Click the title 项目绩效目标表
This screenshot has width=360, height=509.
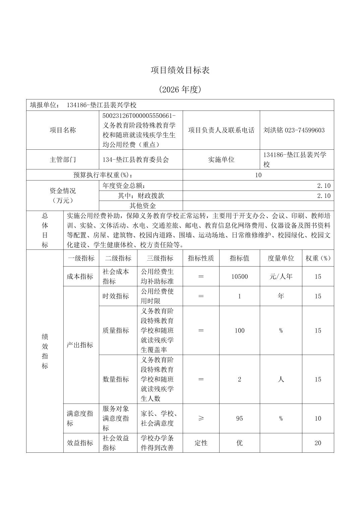pyautogui.click(x=180, y=70)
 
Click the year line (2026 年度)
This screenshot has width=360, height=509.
pyautogui.click(x=180, y=89)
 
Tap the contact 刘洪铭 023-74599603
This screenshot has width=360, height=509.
pyautogui.click(x=294, y=130)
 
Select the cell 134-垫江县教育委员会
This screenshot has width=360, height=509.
pyautogui.click(x=136, y=160)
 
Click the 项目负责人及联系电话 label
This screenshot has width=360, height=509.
pyautogui.click(x=221, y=130)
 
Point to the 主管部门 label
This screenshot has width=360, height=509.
pyautogui.click(x=63, y=160)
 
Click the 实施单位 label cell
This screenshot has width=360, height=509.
pyautogui.click(x=221, y=160)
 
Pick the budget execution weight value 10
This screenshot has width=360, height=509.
pyautogui.click(x=258, y=175)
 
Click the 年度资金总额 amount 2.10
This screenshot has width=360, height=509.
pyautogui.click(x=323, y=186)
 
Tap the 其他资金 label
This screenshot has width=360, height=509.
pyautogui.click(x=142, y=206)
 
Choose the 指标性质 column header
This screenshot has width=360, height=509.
pyautogui.click(x=201, y=258)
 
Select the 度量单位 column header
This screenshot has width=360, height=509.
pyautogui.click(x=281, y=258)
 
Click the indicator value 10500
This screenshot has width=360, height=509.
pyautogui.click(x=240, y=277)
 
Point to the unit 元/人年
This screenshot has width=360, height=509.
pyautogui.click(x=281, y=277)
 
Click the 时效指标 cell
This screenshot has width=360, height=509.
pyautogui.click(x=116, y=296)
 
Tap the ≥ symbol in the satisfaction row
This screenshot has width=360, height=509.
pyautogui.click(x=201, y=418)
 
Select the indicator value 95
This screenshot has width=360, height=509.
pyautogui.click(x=239, y=418)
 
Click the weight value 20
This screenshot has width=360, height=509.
pyautogui.click(x=318, y=443)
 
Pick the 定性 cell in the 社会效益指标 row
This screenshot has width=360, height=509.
pyautogui.click(x=201, y=443)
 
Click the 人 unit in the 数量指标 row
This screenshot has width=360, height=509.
pyautogui.click(x=281, y=379)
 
